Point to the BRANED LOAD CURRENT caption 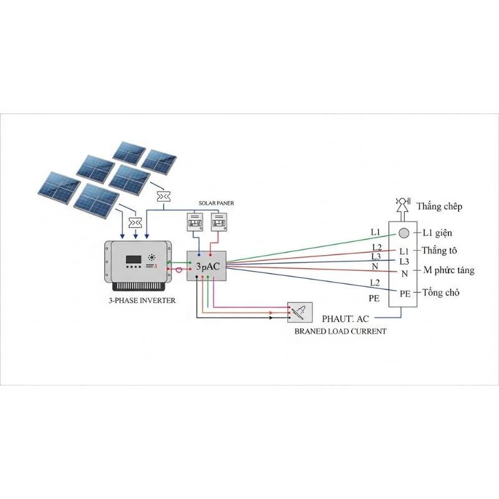(x=340, y=331)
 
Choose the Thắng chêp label (x=440, y=206)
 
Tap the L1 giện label (x=437, y=233)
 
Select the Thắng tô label (x=440, y=251)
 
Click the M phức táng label (x=448, y=270)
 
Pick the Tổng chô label (x=441, y=292)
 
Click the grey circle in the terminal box (x=404, y=233)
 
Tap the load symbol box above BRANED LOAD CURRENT (x=299, y=312)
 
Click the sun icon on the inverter (x=152, y=257)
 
